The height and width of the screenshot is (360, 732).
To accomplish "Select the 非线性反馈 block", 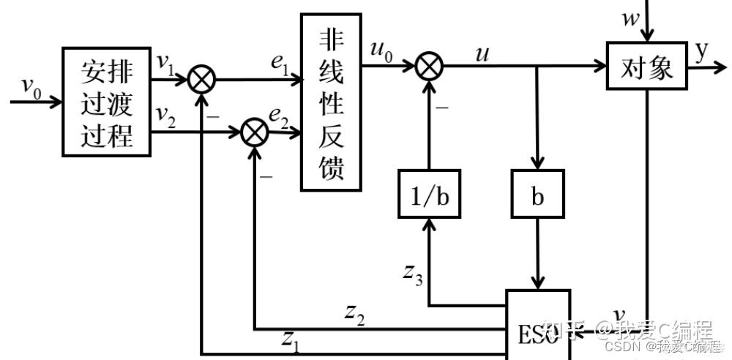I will tap(331, 102).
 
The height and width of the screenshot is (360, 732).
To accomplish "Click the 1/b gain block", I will tap(430, 194).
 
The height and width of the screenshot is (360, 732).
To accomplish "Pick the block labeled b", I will tap(538, 195).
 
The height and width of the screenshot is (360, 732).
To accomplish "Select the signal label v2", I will tap(166, 115).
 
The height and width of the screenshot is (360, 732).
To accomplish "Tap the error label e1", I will tap(279, 64).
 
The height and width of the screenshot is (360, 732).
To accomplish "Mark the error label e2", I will tap(277, 115).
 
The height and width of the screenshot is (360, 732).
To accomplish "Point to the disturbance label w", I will tap(631, 18).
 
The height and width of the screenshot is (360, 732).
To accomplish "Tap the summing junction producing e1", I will tap(201, 79).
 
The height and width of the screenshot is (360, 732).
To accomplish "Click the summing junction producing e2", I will tap(254, 132).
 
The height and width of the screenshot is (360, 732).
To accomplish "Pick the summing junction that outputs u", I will tap(430, 67).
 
